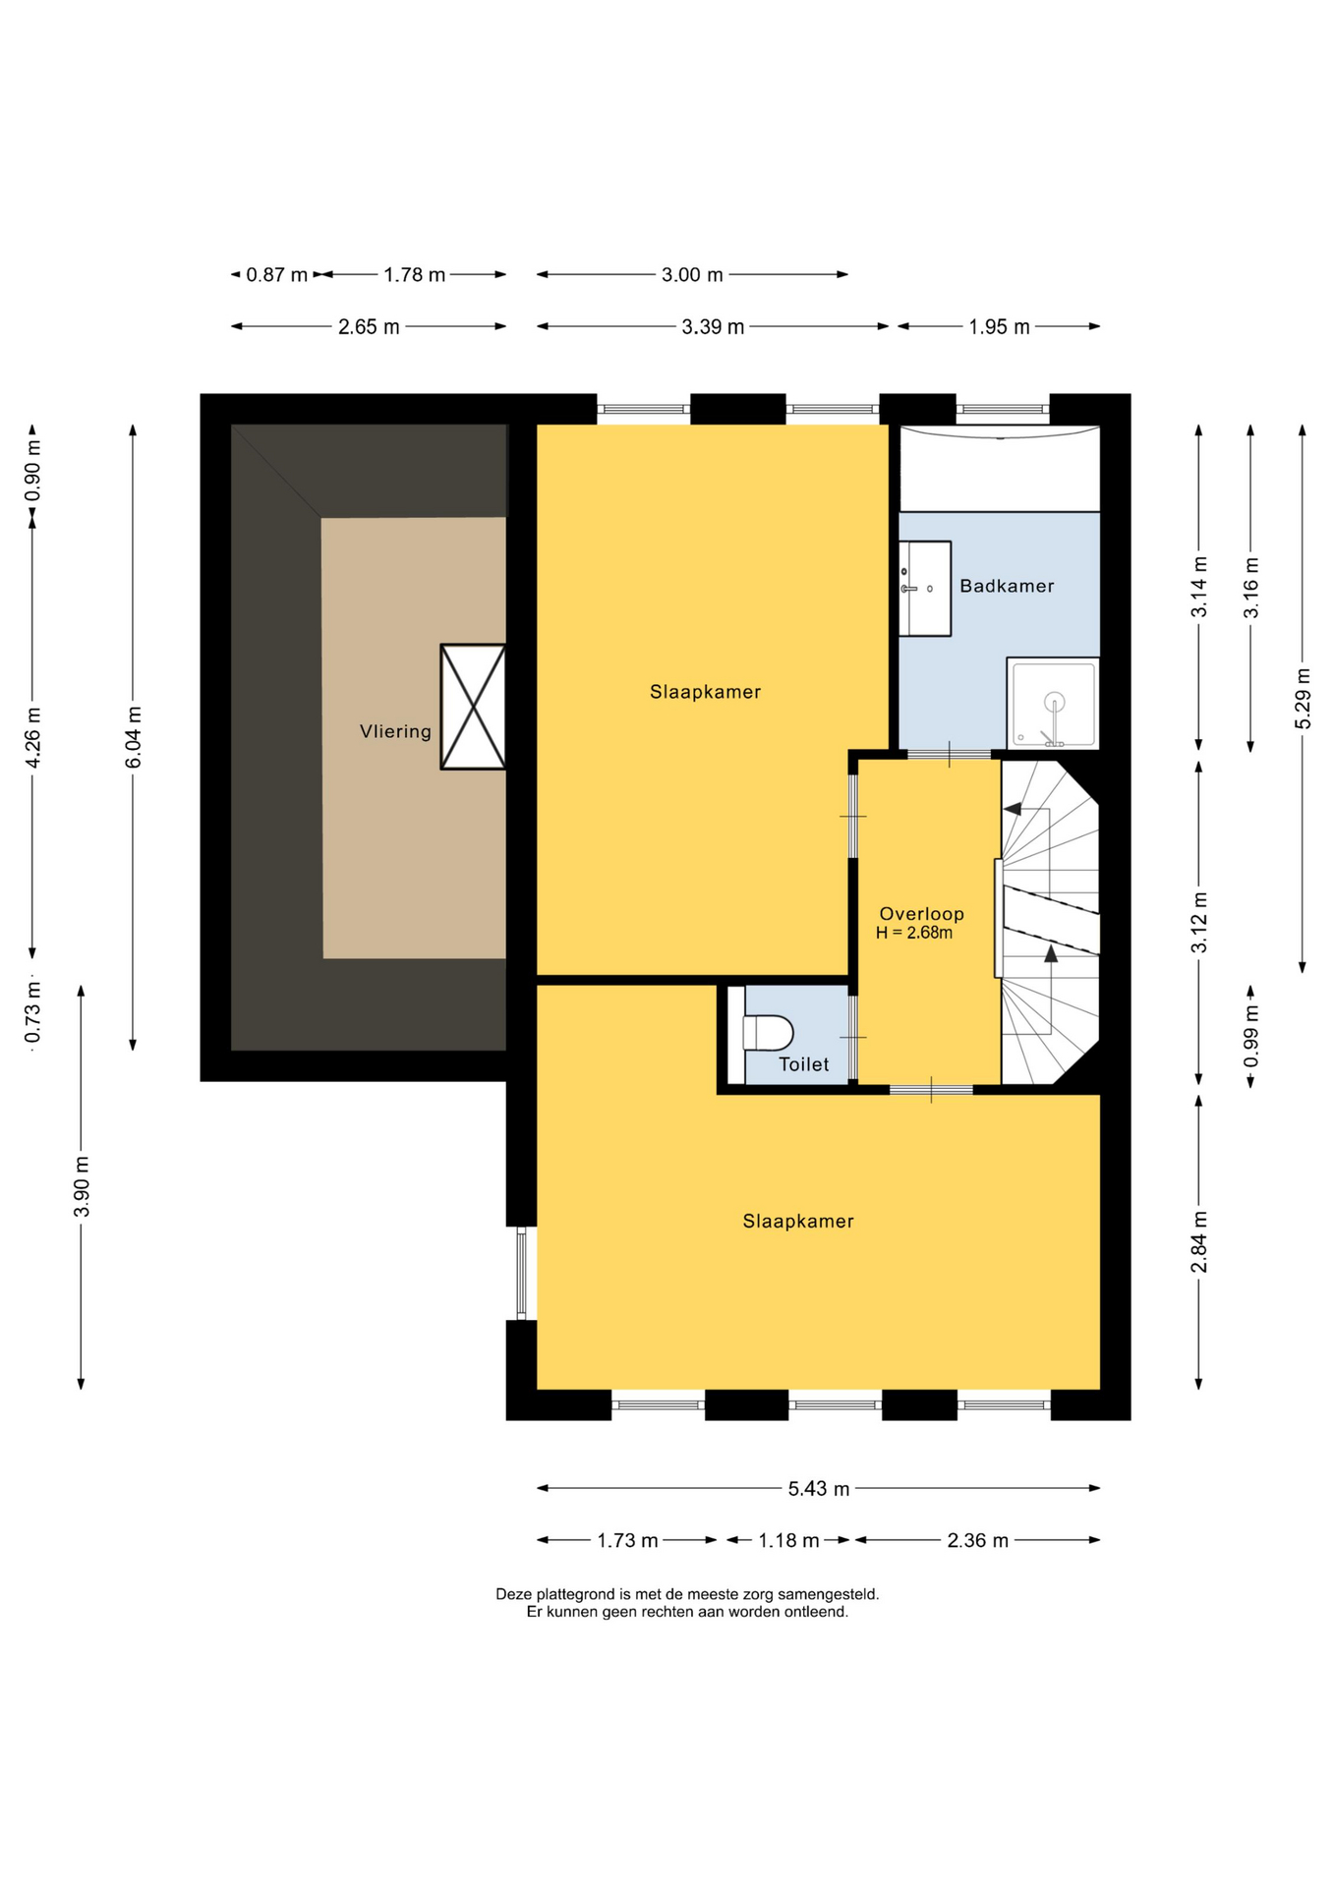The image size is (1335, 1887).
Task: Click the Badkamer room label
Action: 1007,586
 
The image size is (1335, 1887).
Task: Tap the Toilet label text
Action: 803,1064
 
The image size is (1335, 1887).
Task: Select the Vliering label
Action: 395,731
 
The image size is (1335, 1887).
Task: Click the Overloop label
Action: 921,914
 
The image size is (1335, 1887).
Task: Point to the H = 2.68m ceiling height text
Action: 914,933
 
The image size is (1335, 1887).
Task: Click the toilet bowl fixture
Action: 768,1033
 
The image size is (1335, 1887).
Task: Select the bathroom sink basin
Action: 925,589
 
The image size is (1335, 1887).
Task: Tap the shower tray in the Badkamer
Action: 1053,704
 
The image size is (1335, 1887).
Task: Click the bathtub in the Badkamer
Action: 1000,468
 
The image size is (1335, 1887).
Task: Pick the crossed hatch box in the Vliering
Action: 473,707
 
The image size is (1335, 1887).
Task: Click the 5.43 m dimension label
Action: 818,1489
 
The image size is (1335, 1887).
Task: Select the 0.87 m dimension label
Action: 276,275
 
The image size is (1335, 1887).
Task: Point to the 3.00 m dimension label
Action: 692,275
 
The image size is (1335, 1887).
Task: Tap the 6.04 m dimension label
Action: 135,737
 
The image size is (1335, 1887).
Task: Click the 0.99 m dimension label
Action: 1250,1036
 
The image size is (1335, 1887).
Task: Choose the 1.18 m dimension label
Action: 788,1540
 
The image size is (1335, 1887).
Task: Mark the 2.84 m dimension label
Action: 1199,1241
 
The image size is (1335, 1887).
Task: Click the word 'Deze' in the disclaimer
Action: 513,1594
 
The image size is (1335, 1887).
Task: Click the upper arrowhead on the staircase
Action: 1012,809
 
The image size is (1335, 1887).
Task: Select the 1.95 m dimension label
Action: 999,327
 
